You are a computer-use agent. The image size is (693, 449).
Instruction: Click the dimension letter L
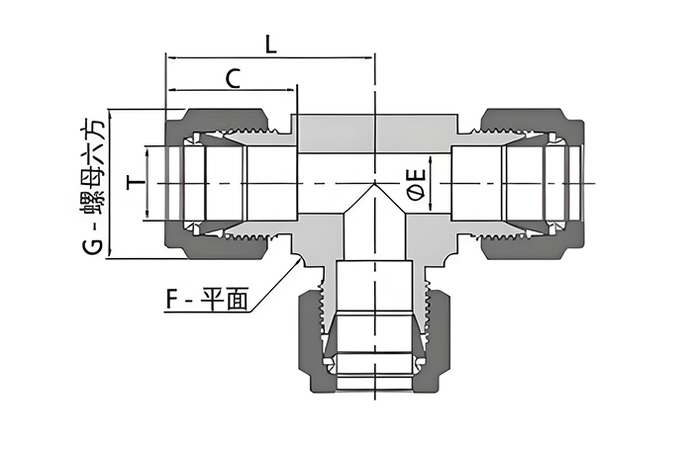click(x=270, y=45)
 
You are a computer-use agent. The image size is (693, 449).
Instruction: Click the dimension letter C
click(x=233, y=78)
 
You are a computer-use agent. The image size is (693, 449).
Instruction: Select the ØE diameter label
click(x=418, y=185)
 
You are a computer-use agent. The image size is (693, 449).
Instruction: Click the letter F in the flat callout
click(x=172, y=300)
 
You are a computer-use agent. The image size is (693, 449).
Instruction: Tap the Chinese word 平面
click(x=224, y=300)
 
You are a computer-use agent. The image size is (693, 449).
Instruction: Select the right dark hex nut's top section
click(x=533, y=121)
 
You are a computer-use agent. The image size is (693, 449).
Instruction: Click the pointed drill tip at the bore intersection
click(x=375, y=183)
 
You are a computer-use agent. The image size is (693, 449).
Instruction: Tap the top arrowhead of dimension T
click(x=147, y=152)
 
